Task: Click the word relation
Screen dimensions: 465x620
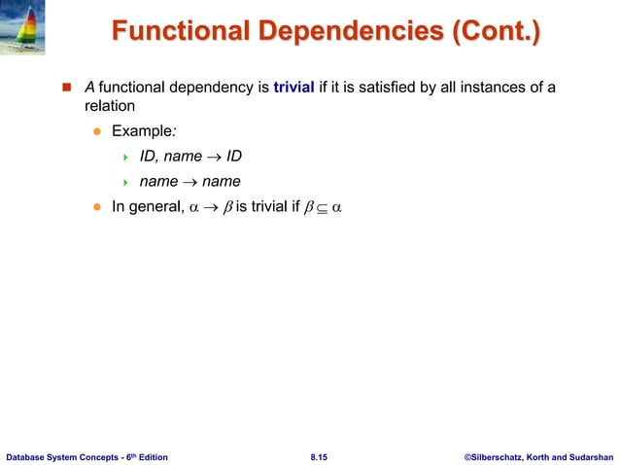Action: pos(109,107)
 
